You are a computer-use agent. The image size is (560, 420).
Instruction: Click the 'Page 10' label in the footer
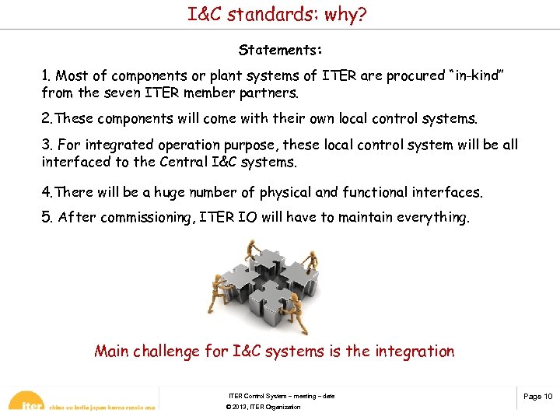coord(537,397)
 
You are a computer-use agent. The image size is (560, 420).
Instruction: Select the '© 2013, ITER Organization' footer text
coord(263,408)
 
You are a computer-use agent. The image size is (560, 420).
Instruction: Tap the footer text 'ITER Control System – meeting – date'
coord(282,397)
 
